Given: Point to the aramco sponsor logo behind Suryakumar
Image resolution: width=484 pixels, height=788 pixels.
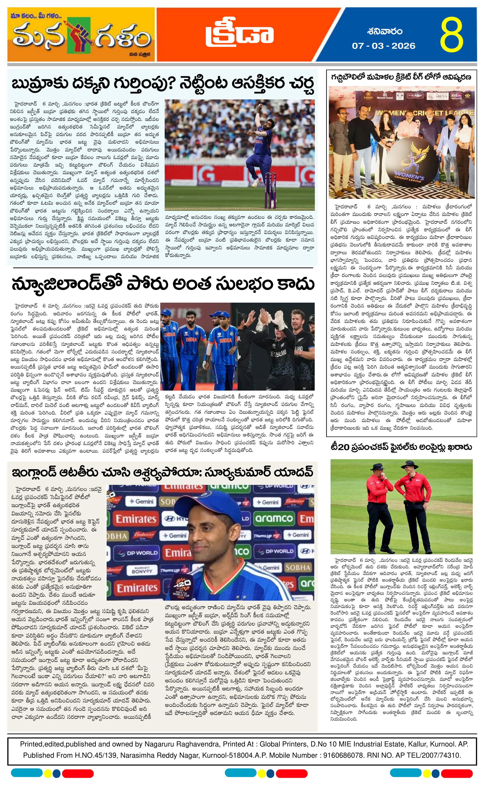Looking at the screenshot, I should (274, 519).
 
